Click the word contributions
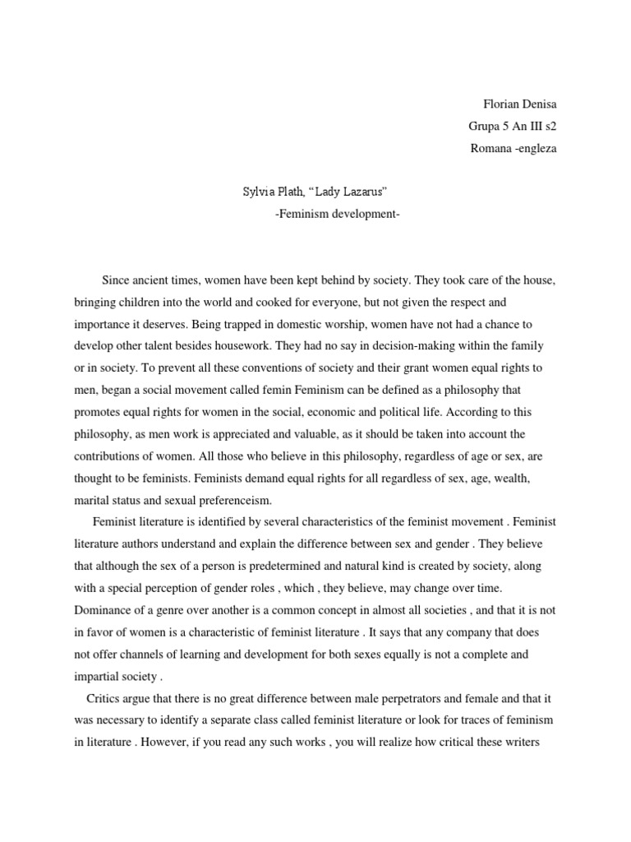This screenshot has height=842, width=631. [110, 455]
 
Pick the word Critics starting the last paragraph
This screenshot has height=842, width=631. [104, 699]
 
